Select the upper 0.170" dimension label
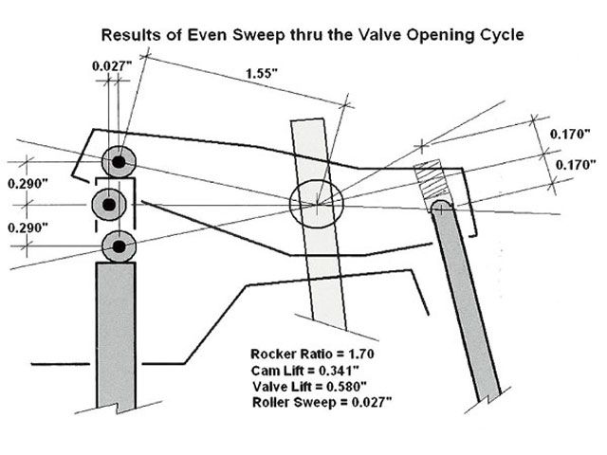571,135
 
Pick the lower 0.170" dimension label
571,163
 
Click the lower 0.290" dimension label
25,228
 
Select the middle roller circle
109,204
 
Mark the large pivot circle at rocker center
315,203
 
